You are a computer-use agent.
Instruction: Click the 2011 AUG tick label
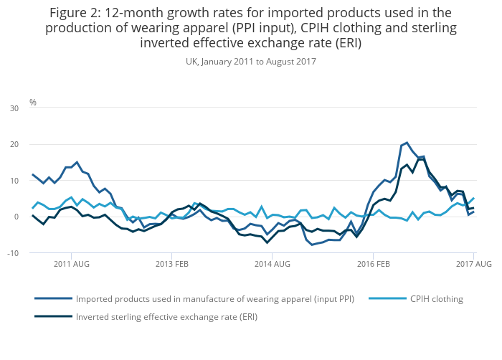pos(71,264)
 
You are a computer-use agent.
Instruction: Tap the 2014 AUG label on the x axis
pos(273,264)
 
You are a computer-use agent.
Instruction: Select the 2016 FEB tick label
pos(373,264)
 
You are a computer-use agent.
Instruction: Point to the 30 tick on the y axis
pos(14,108)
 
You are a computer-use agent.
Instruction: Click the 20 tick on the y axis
pos(14,144)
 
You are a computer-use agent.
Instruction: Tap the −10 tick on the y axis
pos(12,252)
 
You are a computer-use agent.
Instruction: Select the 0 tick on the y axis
pos(16,217)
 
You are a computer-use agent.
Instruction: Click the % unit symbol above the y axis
pos(33,103)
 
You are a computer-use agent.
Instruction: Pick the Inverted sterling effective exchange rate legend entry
pos(166,316)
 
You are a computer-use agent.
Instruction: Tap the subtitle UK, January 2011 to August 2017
pos(251,62)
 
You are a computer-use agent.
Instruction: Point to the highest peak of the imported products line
pos(407,142)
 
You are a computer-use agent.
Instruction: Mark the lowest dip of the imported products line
pos(312,245)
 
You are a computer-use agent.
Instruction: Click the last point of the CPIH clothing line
pos(473,198)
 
